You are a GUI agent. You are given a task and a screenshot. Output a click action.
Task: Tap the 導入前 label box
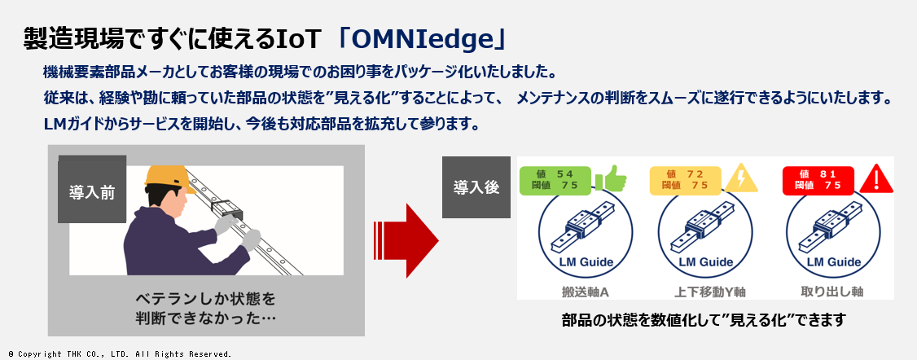[92, 189]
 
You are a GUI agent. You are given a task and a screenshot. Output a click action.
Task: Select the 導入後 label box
[476, 187]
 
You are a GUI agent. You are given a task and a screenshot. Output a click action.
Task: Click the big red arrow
[406, 240]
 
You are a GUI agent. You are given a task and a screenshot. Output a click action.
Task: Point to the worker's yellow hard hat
[169, 178]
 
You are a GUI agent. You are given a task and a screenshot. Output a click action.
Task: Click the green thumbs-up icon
[610, 178]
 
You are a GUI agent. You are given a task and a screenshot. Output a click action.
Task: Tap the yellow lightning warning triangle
[742, 178]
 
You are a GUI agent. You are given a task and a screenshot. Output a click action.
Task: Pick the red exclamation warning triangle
[875, 178]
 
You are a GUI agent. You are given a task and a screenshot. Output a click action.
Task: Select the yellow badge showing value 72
[686, 179]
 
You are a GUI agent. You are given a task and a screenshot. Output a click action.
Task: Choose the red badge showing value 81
[818, 180]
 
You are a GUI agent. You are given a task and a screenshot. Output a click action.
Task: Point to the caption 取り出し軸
[831, 291]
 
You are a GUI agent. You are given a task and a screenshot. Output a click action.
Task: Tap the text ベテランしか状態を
[205, 300]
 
